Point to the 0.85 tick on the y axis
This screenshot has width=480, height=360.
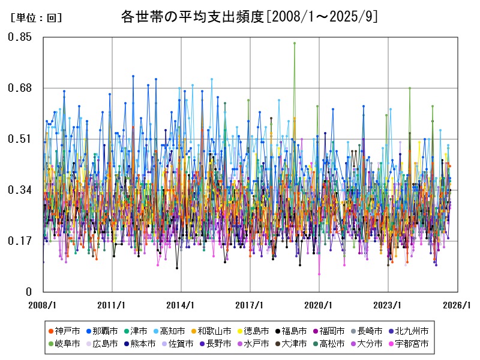pyautogui.click(x=20, y=37)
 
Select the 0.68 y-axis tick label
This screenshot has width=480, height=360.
pyautogui.click(x=20, y=88)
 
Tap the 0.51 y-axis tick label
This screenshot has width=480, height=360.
pyautogui.click(x=20, y=139)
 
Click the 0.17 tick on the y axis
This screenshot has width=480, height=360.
pyautogui.click(x=20, y=241)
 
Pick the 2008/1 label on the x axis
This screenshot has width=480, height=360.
pyautogui.click(x=43, y=305)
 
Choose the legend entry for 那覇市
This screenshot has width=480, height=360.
pyautogui.click(x=101, y=331)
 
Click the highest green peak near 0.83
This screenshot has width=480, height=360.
pyautogui.click(x=294, y=43)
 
